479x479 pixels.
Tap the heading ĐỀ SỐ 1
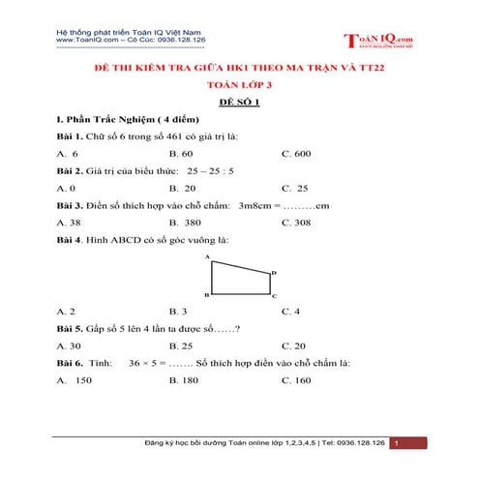(x=239, y=101)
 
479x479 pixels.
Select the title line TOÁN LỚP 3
(x=240, y=84)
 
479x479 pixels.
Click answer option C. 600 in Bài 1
(x=296, y=154)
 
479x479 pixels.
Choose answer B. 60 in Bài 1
(x=181, y=154)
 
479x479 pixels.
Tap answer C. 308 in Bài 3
(x=296, y=222)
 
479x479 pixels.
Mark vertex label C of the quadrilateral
(x=274, y=295)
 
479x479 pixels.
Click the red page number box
(x=408, y=443)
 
